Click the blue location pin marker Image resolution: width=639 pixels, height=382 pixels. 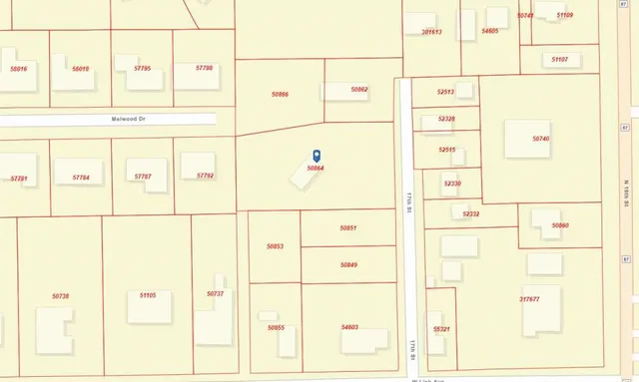click(x=318, y=156)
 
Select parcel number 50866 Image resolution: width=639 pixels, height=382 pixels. click(x=280, y=94)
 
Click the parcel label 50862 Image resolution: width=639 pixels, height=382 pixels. click(x=359, y=90)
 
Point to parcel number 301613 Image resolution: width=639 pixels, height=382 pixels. click(x=431, y=32)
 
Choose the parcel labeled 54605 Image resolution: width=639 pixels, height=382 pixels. click(x=489, y=32)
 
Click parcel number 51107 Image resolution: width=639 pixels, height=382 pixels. click(x=560, y=60)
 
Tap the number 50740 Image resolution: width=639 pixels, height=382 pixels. click(x=541, y=139)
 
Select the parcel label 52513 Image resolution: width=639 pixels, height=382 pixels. click(x=446, y=92)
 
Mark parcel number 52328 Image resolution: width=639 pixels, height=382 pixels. click(x=446, y=119)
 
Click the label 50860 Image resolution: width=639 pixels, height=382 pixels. click(x=560, y=225)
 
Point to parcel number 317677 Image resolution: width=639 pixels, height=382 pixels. click(x=529, y=299)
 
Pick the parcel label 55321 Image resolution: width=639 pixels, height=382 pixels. click(x=441, y=329)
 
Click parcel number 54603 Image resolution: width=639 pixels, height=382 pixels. click(x=349, y=326)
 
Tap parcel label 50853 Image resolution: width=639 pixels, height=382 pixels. click(x=276, y=246)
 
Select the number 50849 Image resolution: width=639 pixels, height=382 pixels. click(x=348, y=264)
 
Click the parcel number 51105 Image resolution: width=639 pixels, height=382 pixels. click(x=149, y=295)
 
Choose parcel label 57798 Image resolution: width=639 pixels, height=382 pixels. click(x=205, y=68)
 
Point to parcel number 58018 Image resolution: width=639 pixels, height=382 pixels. click(x=81, y=69)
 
